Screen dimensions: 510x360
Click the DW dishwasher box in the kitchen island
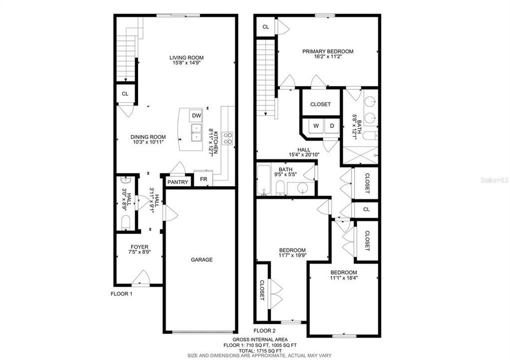click(196, 115)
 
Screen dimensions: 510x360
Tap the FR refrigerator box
click(203, 179)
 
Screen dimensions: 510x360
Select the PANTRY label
click(178, 182)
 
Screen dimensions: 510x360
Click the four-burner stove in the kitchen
click(227, 138)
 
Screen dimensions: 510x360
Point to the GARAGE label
click(202, 259)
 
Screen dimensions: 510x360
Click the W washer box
click(316, 125)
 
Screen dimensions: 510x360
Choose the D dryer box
click(332, 125)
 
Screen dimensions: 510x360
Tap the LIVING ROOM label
click(186, 58)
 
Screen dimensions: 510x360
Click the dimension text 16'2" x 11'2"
click(328, 56)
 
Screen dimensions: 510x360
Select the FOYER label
click(140, 247)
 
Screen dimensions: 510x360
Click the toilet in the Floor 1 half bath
click(125, 223)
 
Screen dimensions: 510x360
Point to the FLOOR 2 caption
click(265, 331)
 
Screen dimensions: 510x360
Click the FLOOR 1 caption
click(122, 294)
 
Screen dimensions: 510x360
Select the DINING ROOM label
click(148, 137)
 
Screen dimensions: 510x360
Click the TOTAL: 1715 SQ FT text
click(260, 351)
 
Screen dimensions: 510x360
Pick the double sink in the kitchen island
click(196, 132)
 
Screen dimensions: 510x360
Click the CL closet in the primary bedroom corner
click(265, 27)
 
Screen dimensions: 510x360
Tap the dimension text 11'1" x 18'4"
click(344, 277)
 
